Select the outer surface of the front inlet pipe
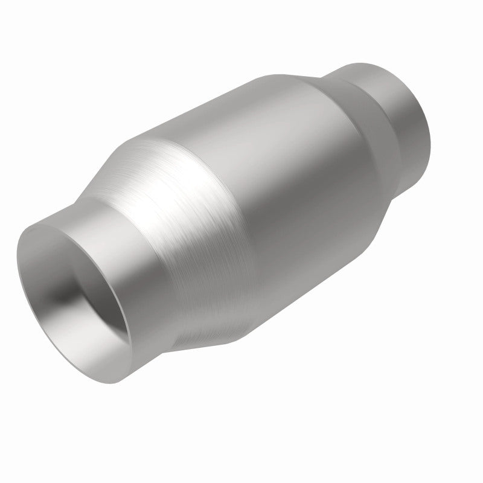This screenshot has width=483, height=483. click(x=145, y=254)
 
